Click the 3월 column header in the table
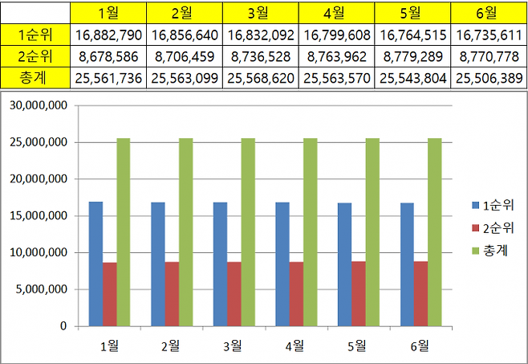pos(260,13)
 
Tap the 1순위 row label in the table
pos(35,35)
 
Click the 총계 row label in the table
pos(35,78)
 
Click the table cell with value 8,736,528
pos(260,57)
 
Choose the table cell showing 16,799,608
pos(337,35)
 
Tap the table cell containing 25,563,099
pos(185,78)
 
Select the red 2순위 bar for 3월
pos(234,294)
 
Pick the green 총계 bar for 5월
pos(372,232)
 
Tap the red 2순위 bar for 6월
pos(421,294)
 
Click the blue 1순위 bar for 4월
pos(282,264)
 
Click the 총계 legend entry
pos(492,252)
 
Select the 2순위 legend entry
pos(492,228)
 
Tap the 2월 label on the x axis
pos(171,346)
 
